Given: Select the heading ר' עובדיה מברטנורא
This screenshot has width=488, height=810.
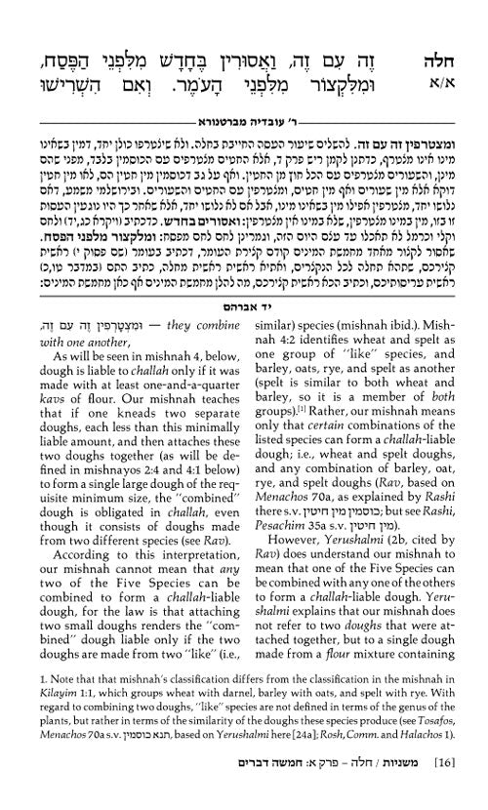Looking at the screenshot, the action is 244,89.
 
